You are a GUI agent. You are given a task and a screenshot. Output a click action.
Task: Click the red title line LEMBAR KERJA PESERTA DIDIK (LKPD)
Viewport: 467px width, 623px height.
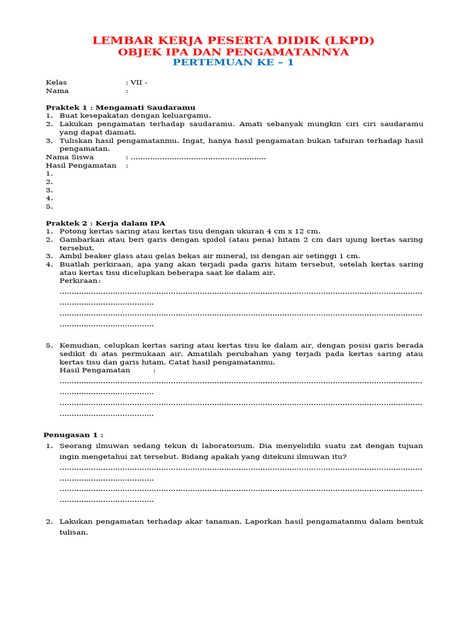click(233, 40)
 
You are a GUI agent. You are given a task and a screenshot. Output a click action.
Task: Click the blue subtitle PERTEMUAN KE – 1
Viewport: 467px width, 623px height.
click(233, 63)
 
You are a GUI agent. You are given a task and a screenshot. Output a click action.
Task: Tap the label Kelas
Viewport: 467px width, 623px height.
click(57, 82)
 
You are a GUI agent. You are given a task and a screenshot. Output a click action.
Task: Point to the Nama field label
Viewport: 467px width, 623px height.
click(57, 91)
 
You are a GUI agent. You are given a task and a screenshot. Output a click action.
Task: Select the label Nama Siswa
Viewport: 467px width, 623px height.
click(70, 157)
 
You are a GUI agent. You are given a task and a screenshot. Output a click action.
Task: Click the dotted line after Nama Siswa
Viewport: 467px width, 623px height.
click(198, 158)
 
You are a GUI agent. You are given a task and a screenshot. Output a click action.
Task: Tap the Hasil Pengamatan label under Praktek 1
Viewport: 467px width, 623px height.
click(81, 165)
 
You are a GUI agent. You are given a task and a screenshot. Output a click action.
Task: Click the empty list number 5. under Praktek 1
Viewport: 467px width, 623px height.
click(49, 206)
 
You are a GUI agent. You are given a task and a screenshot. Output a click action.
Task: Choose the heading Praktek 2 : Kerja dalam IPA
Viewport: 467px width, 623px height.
click(106, 223)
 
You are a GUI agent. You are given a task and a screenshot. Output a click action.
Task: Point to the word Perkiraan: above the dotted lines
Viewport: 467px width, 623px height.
click(80, 280)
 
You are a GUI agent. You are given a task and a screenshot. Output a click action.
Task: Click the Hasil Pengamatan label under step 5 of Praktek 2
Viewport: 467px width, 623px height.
click(95, 370)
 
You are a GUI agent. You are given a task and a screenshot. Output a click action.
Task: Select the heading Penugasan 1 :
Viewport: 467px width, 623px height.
click(73, 435)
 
